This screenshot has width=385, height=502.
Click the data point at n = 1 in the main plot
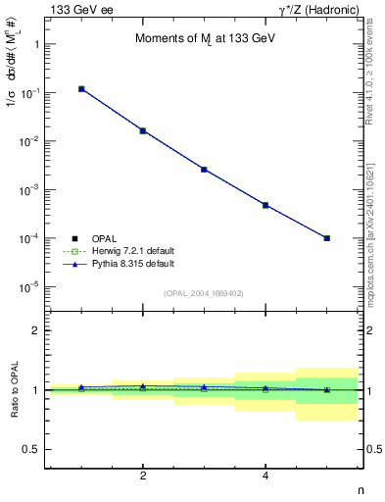click(x=81, y=89)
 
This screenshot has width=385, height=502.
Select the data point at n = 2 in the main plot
click(x=143, y=130)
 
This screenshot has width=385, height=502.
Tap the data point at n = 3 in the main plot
click(x=204, y=170)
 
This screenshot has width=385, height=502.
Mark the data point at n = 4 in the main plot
click(x=265, y=205)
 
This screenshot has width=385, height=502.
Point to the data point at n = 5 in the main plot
click(x=327, y=238)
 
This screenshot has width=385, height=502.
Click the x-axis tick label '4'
click(x=265, y=476)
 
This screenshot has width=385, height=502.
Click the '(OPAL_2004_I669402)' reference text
click(x=204, y=293)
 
